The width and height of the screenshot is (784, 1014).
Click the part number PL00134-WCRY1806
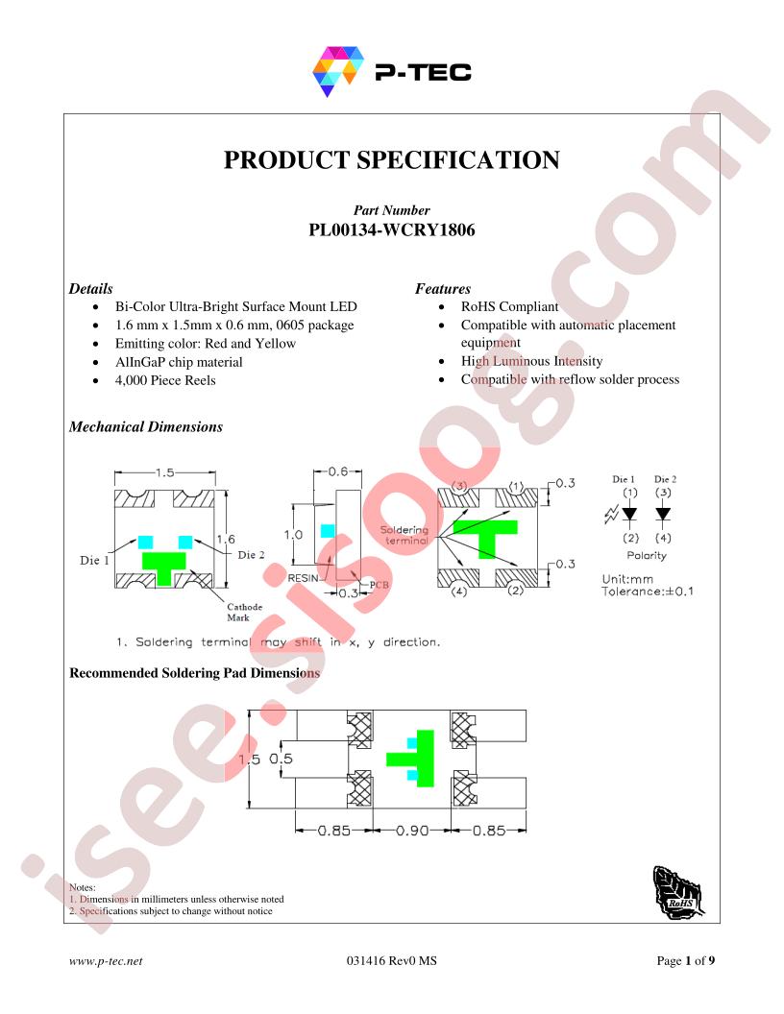(x=391, y=230)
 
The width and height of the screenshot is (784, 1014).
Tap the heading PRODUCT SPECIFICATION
(x=391, y=159)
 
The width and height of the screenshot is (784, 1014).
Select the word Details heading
(x=90, y=288)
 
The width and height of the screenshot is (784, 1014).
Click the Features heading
(x=443, y=288)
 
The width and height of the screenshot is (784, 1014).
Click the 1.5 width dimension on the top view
(x=165, y=472)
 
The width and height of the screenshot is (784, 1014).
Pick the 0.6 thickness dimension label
(x=337, y=471)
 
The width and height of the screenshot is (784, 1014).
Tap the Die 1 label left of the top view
(x=94, y=560)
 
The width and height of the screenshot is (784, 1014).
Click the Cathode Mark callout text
(x=244, y=612)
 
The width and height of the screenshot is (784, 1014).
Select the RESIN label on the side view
(x=303, y=578)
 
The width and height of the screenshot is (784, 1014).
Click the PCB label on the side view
(x=380, y=585)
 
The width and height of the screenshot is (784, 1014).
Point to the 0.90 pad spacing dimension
(x=412, y=831)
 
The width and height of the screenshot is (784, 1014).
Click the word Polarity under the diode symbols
(x=647, y=556)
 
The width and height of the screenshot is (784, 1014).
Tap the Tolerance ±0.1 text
(x=647, y=591)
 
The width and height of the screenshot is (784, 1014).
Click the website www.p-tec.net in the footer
(x=106, y=961)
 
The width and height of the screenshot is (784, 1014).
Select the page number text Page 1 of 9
(x=686, y=961)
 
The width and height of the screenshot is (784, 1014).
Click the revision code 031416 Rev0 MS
(x=391, y=961)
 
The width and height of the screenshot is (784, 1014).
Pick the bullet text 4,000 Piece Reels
(x=165, y=380)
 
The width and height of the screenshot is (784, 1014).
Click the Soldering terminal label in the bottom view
(x=404, y=535)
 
